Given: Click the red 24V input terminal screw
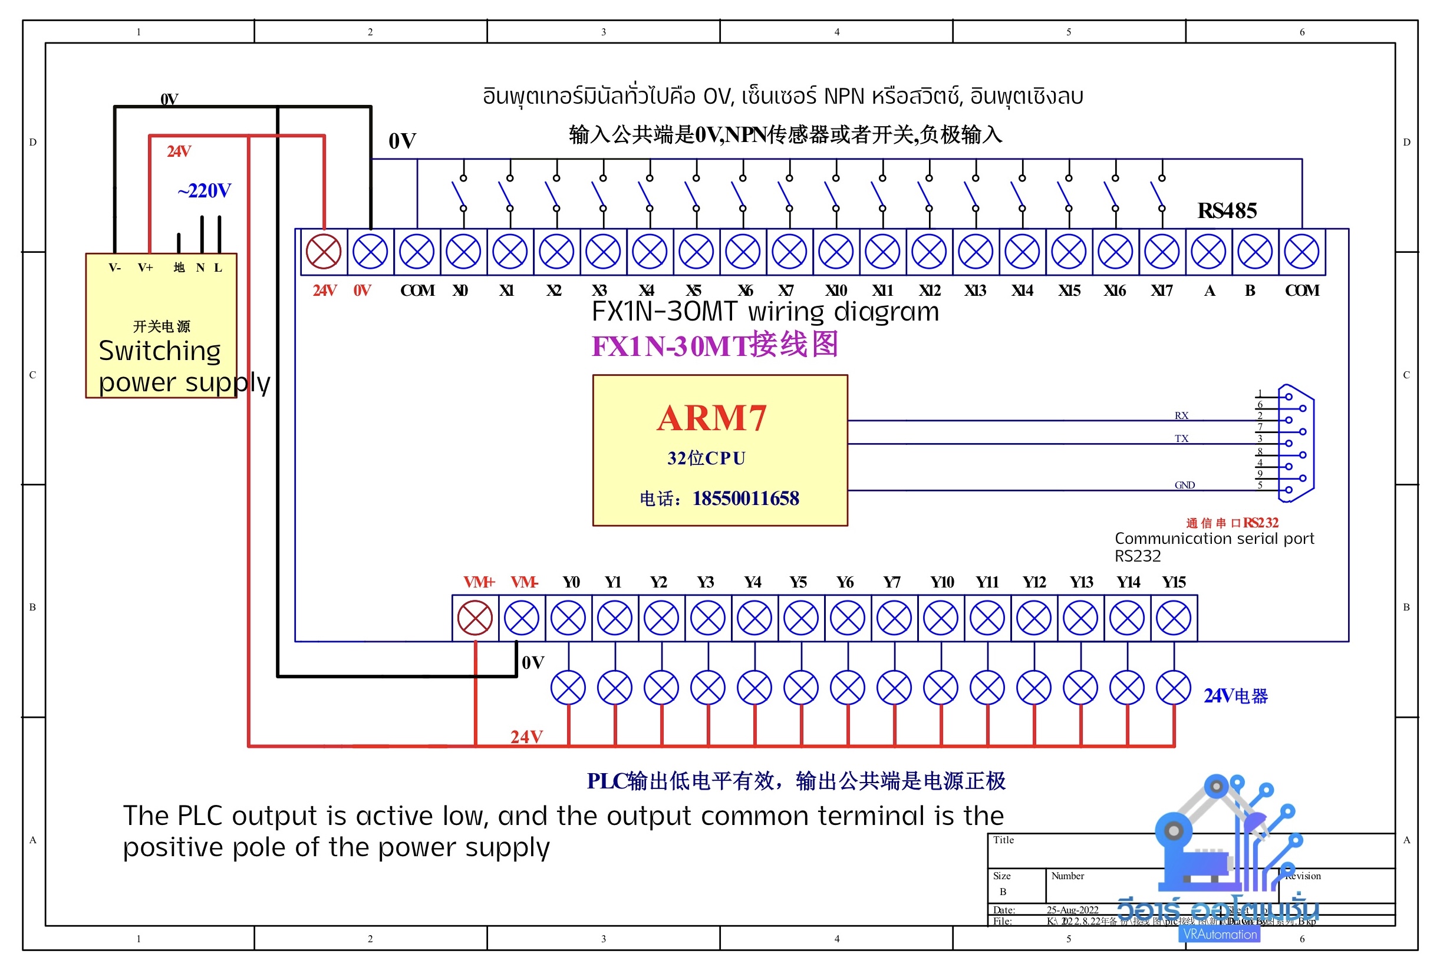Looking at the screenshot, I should click(324, 252).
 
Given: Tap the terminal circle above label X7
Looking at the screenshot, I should click(789, 252).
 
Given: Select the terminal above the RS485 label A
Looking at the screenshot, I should click(1209, 252).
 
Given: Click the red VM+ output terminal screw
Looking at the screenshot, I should click(475, 618).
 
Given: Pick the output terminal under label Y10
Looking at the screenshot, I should click(941, 618).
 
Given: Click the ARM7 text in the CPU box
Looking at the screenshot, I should click(711, 418).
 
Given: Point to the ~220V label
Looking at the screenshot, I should click(204, 190).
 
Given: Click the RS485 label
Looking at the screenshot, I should click(1227, 210).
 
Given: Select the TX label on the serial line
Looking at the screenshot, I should click(1181, 438).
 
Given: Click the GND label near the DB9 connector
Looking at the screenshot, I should click(1184, 485).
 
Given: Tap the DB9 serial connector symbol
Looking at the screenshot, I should click(1295, 443).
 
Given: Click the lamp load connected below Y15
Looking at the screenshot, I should click(1174, 688).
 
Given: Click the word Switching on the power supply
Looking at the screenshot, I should click(160, 351).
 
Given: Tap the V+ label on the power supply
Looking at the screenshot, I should click(146, 268).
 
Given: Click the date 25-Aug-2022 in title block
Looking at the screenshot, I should click(1072, 910).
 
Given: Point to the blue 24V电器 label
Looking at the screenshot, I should click(1235, 697).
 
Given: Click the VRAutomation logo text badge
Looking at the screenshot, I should click(1219, 935).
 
